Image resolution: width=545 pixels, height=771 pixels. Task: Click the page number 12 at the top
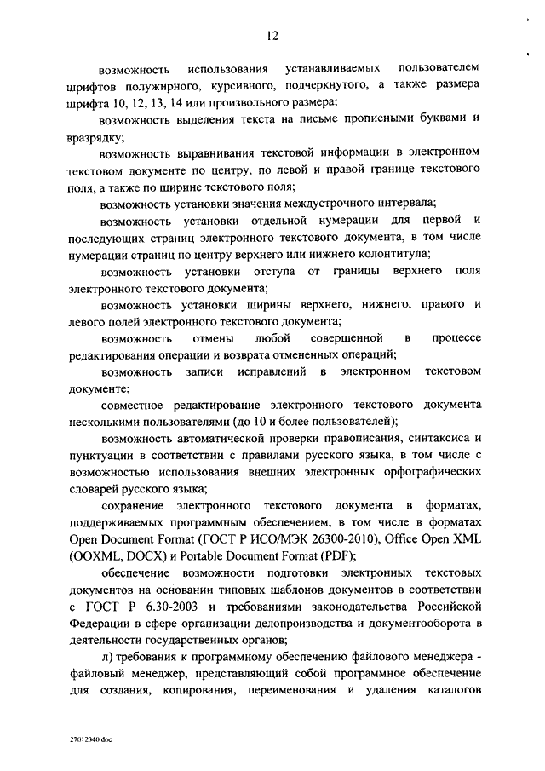click(x=273, y=35)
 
